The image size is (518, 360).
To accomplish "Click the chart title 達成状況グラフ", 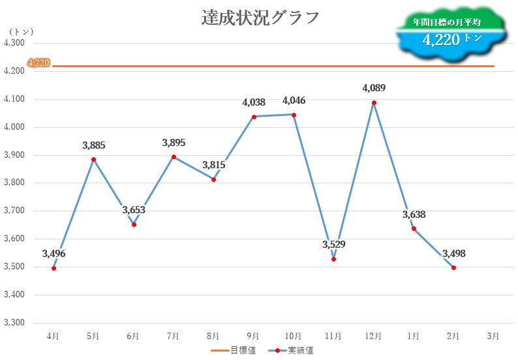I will (x=260, y=18).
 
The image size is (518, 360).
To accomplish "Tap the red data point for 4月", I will (x=53, y=268).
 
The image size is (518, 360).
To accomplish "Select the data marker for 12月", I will (x=374, y=102).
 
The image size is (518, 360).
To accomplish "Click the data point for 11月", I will (x=333, y=259).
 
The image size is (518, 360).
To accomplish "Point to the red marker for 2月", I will (x=453, y=267).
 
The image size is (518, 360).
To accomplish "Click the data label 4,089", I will (x=374, y=87).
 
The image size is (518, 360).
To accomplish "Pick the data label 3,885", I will (x=93, y=145).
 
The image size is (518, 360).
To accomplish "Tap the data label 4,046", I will (x=294, y=100).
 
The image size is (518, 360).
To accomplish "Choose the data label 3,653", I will (x=134, y=210).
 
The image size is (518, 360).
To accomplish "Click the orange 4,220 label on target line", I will (x=38, y=63).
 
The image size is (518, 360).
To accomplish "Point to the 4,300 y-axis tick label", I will (x=14, y=43).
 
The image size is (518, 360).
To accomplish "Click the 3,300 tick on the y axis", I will (x=14, y=323).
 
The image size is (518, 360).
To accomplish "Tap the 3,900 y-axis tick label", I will (x=14, y=155).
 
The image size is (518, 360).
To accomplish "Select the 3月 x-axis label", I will (x=493, y=336).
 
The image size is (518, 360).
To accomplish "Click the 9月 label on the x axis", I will (x=254, y=336).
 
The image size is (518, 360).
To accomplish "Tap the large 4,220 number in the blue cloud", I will (x=442, y=40).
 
